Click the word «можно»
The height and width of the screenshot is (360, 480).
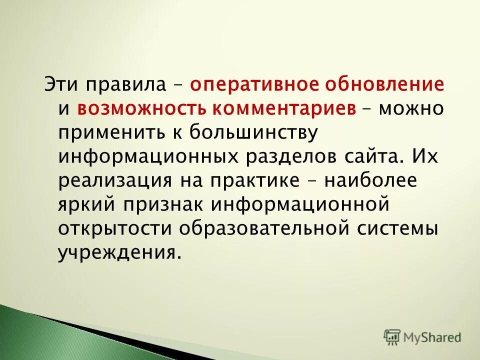coord(411,108)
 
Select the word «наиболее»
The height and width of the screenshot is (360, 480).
coord(370,181)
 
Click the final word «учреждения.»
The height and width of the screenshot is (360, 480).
coord(118,252)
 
